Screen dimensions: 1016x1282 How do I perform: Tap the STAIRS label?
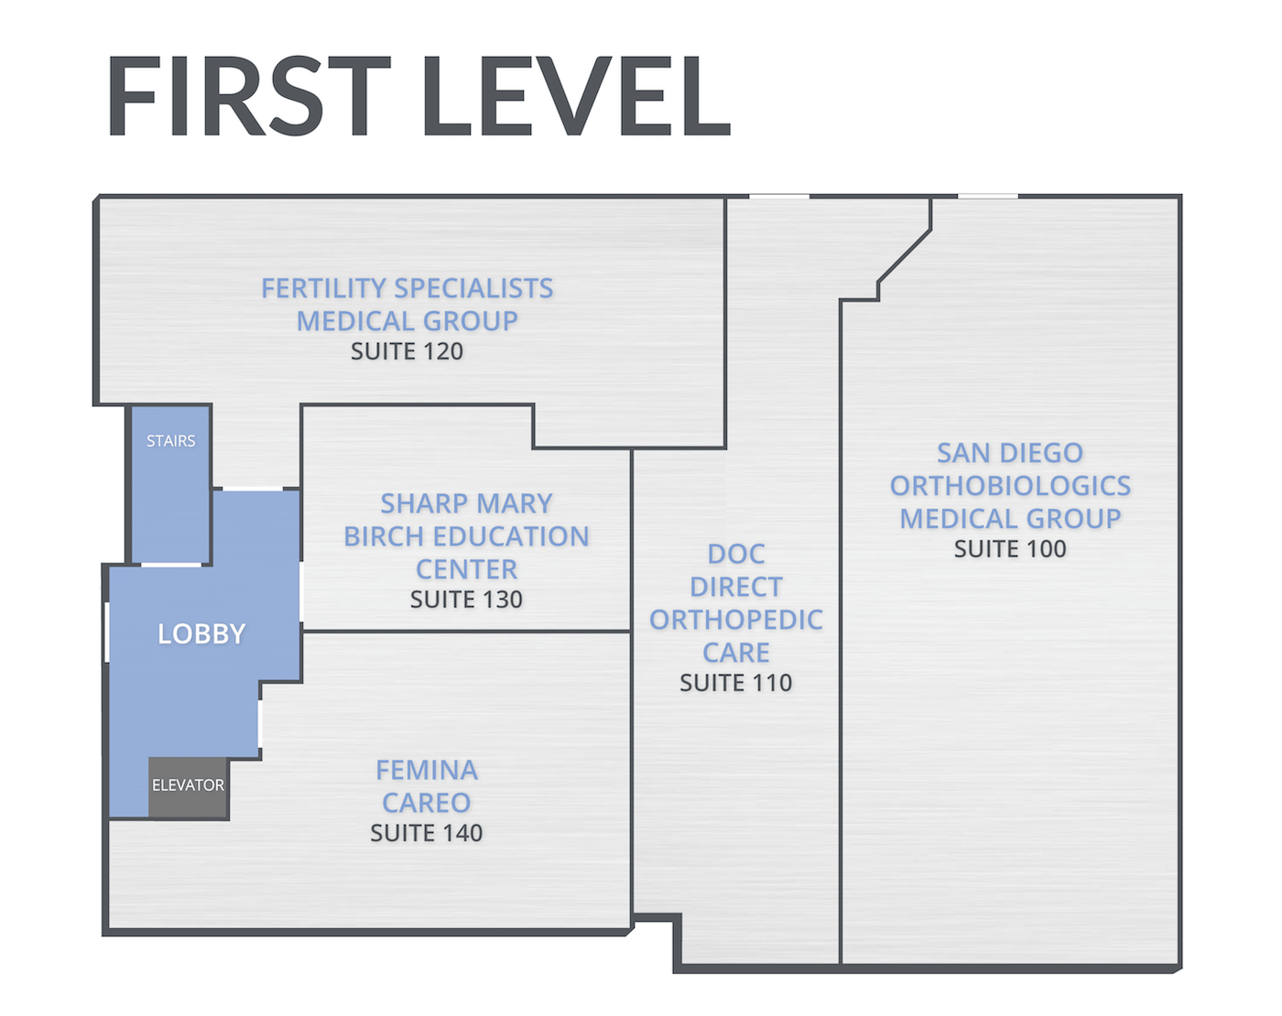(x=171, y=441)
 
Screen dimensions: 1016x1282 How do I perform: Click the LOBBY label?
(x=201, y=633)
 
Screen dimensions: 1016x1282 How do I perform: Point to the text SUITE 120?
(x=407, y=351)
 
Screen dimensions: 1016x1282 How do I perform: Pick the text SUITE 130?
(x=466, y=600)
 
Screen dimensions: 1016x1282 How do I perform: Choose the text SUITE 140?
(x=426, y=833)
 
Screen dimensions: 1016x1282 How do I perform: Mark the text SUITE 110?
(x=735, y=683)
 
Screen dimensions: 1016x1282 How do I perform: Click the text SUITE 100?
(x=1010, y=549)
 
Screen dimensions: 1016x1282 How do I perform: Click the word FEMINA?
(x=427, y=771)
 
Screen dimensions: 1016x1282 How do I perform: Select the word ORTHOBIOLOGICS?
(x=1010, y=486)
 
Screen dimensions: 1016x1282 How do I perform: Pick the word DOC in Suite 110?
(x=735, y=555)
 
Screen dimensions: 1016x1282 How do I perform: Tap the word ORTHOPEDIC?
(x=735, y=621)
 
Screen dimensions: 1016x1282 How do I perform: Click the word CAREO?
(x=427, y=803)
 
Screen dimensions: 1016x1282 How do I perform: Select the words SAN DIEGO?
(x=1010, y=453)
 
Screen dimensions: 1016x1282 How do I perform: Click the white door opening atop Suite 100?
(x=987, y=196)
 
